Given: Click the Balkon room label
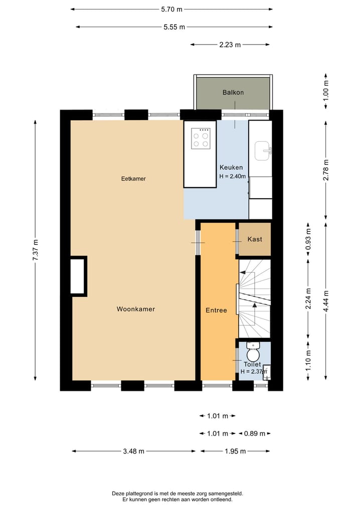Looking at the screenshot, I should pos(233,93).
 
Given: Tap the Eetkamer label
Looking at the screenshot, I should pos(133,179).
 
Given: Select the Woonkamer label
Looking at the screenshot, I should pos(136,309).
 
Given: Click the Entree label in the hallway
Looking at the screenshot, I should pos(216,310).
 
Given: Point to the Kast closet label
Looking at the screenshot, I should pos(255,240).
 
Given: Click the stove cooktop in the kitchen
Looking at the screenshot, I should pos(201,139).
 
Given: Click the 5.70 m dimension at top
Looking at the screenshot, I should pos(172,9).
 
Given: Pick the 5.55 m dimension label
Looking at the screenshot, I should pos(174,27).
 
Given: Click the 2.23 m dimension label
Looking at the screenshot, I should pos(230,45).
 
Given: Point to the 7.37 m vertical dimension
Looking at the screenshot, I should pos(36,249).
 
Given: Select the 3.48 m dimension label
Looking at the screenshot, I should pos(133,451).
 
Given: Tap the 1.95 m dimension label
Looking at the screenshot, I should pos(235,451).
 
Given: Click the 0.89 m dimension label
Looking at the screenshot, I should pos(254,433).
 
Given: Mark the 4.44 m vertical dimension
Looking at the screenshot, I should pos(326,300).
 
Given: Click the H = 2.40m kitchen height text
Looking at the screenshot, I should pos(233,176).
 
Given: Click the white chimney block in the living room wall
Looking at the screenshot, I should pos(78,276).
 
